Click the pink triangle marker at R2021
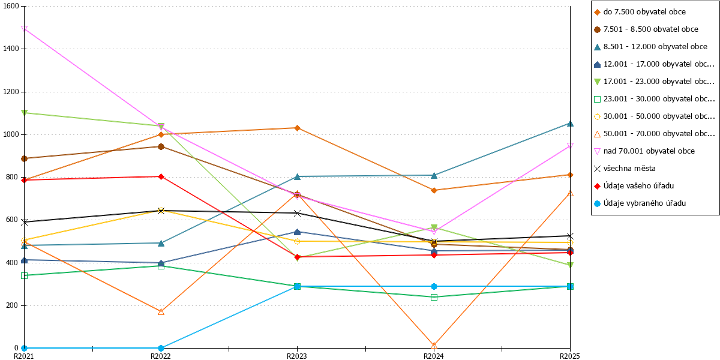coord(24,29)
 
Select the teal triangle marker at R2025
coord(570,124)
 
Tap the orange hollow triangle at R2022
coord(161,311)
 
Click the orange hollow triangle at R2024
coord(434,346)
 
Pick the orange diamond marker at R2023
coord(298,128)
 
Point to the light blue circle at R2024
coord(434,286)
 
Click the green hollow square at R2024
coord(434,298)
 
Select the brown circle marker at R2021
coord(24,159)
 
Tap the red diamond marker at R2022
coord(161,176)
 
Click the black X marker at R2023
coord(298,213)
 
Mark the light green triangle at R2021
coord(24,113)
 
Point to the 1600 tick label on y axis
coord(11,6)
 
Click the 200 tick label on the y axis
coord(12,305)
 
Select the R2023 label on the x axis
coord(296,356)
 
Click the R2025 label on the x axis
coord(570,356)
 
